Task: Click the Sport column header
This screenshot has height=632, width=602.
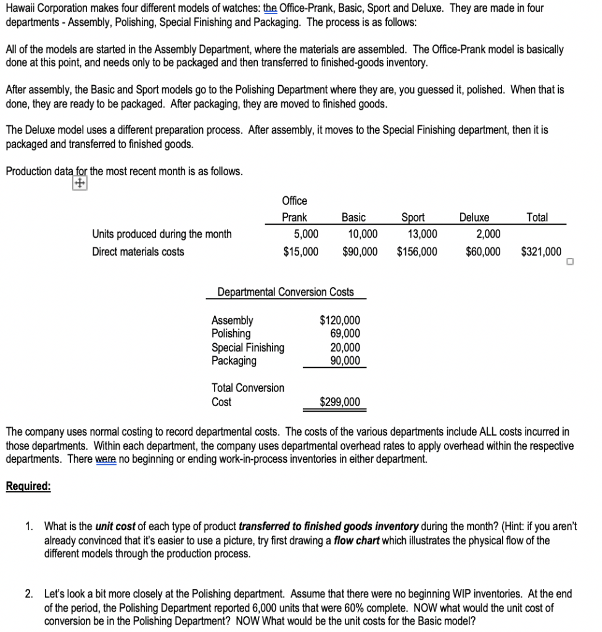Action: pyautogui.click(x=413, y=217)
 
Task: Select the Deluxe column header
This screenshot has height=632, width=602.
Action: pyautogui.click(x=474, y=217)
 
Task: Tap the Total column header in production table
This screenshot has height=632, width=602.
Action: pyautogui.click(x=537, y=217)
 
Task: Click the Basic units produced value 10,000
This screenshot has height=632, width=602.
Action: pyautogui.click(x=360, y=234)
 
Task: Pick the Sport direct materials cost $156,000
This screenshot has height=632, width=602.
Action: pyautogui.click(x=417, y=251)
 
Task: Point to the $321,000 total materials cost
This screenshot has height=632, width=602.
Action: pyautogui.click(x=541, y=251)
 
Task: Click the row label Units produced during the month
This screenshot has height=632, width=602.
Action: pyautogui.click(x=162, y=234)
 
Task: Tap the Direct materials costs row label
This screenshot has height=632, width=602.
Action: pyautogui.click(x=138, y=251)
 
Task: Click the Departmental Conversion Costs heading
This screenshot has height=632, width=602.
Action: pyautogui.click(x=286, y=291)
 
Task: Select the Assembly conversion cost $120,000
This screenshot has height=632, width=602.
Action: pyautogui.click(x=340, y=320)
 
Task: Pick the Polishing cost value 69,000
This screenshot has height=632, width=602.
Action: pyautogui.click(x=345, y=334)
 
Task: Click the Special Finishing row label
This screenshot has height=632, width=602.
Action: pyautogui.click(x=248, y=347)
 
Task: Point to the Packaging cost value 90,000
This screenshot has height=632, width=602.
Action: pyautogui.click(x=345, y=361)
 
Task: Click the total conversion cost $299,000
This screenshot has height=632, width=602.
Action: pyautogui.click(x=340, y=402)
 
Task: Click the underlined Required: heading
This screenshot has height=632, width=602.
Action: pyautogui.click(x=28, y=486)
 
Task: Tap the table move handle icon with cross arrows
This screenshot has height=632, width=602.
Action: pyautogui.click(x=78, y=184)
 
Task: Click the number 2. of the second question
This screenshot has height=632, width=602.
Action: pyautogui.click(x=30, y=594)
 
